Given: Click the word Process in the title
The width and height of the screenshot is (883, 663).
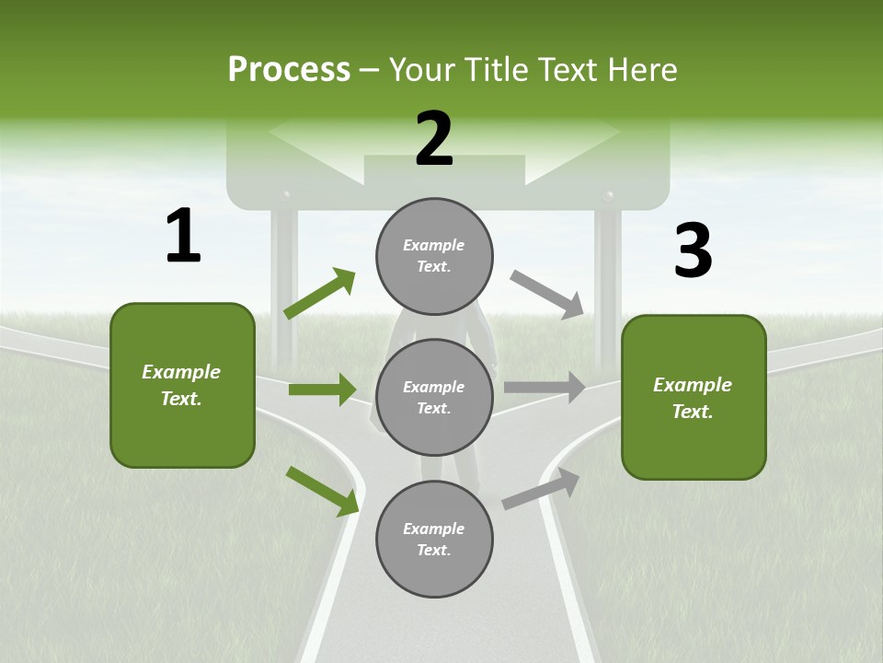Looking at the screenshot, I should (289, 69).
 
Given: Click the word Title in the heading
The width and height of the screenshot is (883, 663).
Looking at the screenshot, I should (494, 69).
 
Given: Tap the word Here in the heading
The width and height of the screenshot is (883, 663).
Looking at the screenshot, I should (640, 69).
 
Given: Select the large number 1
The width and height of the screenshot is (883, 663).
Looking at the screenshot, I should (183, 236).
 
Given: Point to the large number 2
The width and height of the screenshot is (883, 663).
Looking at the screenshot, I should (434, 138).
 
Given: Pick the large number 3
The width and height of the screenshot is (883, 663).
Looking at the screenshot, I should (693, 250).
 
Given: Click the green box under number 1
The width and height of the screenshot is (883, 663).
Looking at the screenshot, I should (182, 385).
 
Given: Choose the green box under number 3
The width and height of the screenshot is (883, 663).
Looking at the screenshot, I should (694, 398).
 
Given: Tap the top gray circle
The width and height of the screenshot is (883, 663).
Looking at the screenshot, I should (434, 255).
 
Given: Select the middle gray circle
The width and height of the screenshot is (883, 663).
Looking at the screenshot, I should (434, 397).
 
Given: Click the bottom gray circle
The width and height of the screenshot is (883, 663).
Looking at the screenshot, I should (434, 539).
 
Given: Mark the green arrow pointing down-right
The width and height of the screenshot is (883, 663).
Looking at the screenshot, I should (323, 490).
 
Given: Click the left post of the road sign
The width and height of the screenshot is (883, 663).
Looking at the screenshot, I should (284, 276).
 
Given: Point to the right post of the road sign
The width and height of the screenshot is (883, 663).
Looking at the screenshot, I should (607, 276).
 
